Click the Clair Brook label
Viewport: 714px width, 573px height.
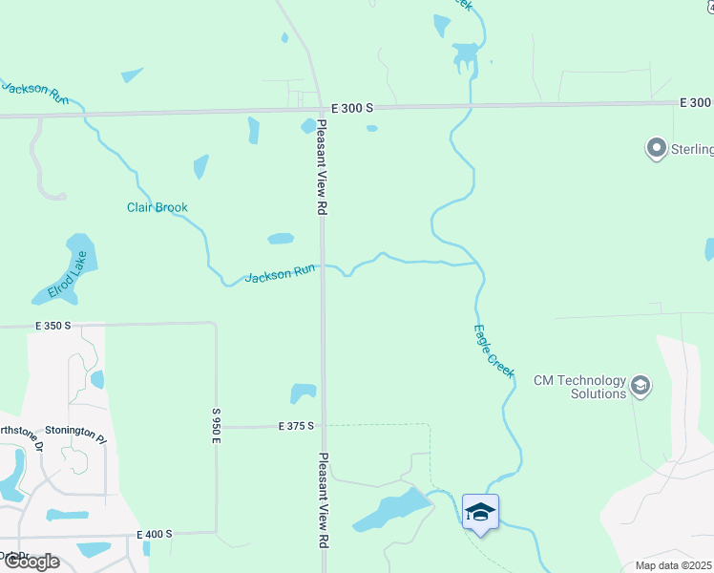click(157, 207)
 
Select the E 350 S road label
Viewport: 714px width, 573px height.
click(53, 326)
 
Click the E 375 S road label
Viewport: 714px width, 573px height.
click(297, 426)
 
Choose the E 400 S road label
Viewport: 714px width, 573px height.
click(155, 534)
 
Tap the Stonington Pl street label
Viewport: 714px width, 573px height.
click(75, 432)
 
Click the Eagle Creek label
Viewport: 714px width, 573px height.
click(493, 351)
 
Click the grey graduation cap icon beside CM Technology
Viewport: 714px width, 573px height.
click(641, 386)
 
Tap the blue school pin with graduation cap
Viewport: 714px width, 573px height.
click(480, 511)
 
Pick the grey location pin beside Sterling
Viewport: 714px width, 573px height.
click(656, 149)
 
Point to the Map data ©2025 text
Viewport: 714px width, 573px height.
click(674, 565)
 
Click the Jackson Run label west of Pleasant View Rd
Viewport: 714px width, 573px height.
click(280, 274)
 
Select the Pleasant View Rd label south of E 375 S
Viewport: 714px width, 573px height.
click(324, 499)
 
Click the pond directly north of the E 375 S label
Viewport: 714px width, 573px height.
click(303, 393)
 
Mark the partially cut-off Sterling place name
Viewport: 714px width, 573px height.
click(692, 150)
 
